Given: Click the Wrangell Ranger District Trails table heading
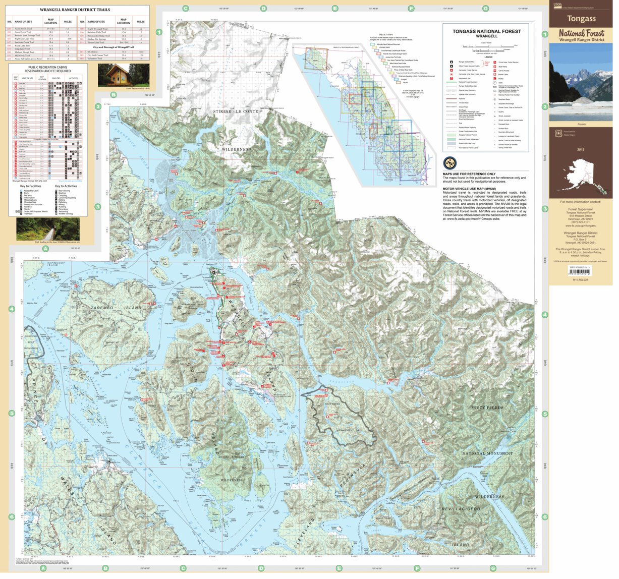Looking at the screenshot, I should coord(75,10).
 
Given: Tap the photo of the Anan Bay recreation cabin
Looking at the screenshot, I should coord(123,76).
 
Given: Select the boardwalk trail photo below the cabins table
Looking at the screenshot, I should coord(47,229).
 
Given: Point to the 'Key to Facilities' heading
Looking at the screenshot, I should coord(30,186).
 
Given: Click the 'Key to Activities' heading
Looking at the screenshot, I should coord(66,186).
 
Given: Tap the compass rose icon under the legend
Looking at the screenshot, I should coord(449,163).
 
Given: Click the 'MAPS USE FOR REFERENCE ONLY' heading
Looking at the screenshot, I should coord(469,174).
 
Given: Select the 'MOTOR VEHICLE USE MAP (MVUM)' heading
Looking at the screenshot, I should coord(473,189).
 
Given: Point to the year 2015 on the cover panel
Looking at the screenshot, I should coord(580,150).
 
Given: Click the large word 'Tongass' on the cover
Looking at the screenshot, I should coord(581,19).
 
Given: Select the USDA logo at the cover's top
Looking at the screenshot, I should coord(557,5).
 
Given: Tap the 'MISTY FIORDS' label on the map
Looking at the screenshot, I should coord(487,408).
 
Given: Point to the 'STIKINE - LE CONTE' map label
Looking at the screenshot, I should coord(236,111).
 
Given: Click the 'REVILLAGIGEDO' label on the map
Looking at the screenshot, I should coord(461,509).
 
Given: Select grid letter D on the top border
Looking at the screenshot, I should coord(263,9).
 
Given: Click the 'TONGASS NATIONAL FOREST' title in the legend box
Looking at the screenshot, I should coord(486,31).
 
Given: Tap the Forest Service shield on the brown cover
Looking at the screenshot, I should coord(558,134).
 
